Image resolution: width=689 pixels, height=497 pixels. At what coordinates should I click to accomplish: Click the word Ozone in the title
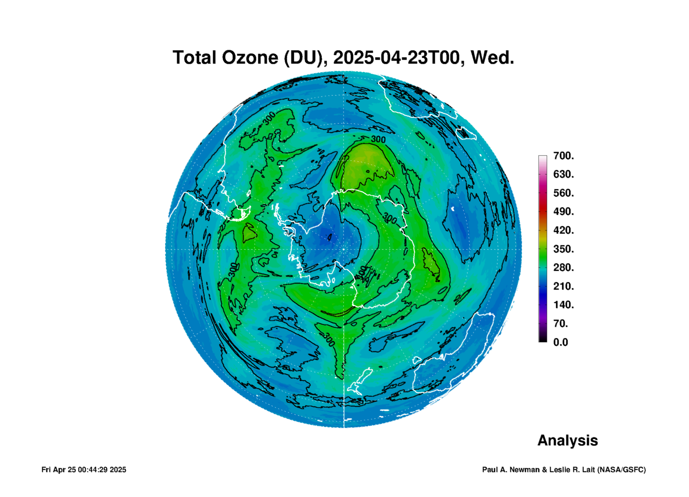[250, 58]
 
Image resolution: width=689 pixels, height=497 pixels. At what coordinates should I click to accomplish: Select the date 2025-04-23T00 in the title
[397, 58]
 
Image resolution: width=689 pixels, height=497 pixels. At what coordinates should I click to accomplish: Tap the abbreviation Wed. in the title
[492, 58]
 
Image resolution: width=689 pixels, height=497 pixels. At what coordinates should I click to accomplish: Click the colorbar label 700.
[564, 156]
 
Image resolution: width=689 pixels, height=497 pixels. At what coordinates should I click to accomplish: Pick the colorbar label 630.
[564, 174]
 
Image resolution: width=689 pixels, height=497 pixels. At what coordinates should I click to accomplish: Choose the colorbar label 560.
[564, 193]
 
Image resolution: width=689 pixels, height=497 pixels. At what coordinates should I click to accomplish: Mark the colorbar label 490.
[564, 211]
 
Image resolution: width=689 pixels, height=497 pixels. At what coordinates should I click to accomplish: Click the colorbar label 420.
[564, 230]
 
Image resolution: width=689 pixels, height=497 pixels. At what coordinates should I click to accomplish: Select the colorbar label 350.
[564, 249]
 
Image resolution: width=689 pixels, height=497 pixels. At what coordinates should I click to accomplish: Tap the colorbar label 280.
[564, 267]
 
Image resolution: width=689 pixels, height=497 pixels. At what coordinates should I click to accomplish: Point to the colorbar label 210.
[564, 286]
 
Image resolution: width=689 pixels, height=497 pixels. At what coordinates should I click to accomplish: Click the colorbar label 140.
[564, 305]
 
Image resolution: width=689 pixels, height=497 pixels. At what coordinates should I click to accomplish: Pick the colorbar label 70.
[561, 323]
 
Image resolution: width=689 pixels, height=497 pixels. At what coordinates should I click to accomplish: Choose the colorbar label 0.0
[561, 342]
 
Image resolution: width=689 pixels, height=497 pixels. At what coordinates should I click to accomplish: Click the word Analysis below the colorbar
[567, 441]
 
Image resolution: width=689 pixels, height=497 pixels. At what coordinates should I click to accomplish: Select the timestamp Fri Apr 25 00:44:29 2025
[84, 470]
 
